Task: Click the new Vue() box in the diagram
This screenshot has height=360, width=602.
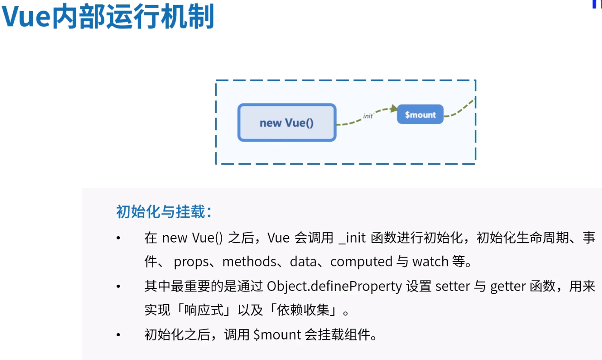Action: [287, 123]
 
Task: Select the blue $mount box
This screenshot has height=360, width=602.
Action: [420, 114]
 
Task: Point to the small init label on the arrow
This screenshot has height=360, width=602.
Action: [368, 116]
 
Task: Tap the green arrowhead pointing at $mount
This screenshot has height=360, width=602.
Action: [394, 109]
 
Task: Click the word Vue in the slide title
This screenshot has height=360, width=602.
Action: [26, 17]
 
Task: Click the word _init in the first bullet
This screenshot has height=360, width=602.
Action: [352, 237]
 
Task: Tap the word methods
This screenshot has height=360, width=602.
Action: [249, 261]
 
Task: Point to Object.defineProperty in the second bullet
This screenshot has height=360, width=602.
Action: [334, 286]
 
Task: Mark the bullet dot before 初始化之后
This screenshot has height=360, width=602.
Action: [118, 335]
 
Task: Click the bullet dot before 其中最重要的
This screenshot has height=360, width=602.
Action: [118, 286]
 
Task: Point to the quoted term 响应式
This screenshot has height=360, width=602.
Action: [204, 310]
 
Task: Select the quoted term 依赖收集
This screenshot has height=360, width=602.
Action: [303, 310]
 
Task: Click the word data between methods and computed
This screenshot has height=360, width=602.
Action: [303, 261]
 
